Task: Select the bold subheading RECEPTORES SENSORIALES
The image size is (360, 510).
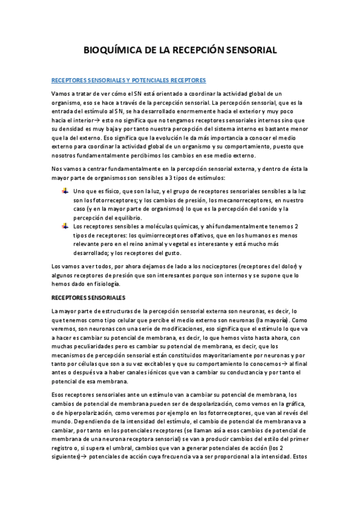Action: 88,298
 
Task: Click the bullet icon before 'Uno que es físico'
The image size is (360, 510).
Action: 65,191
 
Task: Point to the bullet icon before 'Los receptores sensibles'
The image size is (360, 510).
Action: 65,226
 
